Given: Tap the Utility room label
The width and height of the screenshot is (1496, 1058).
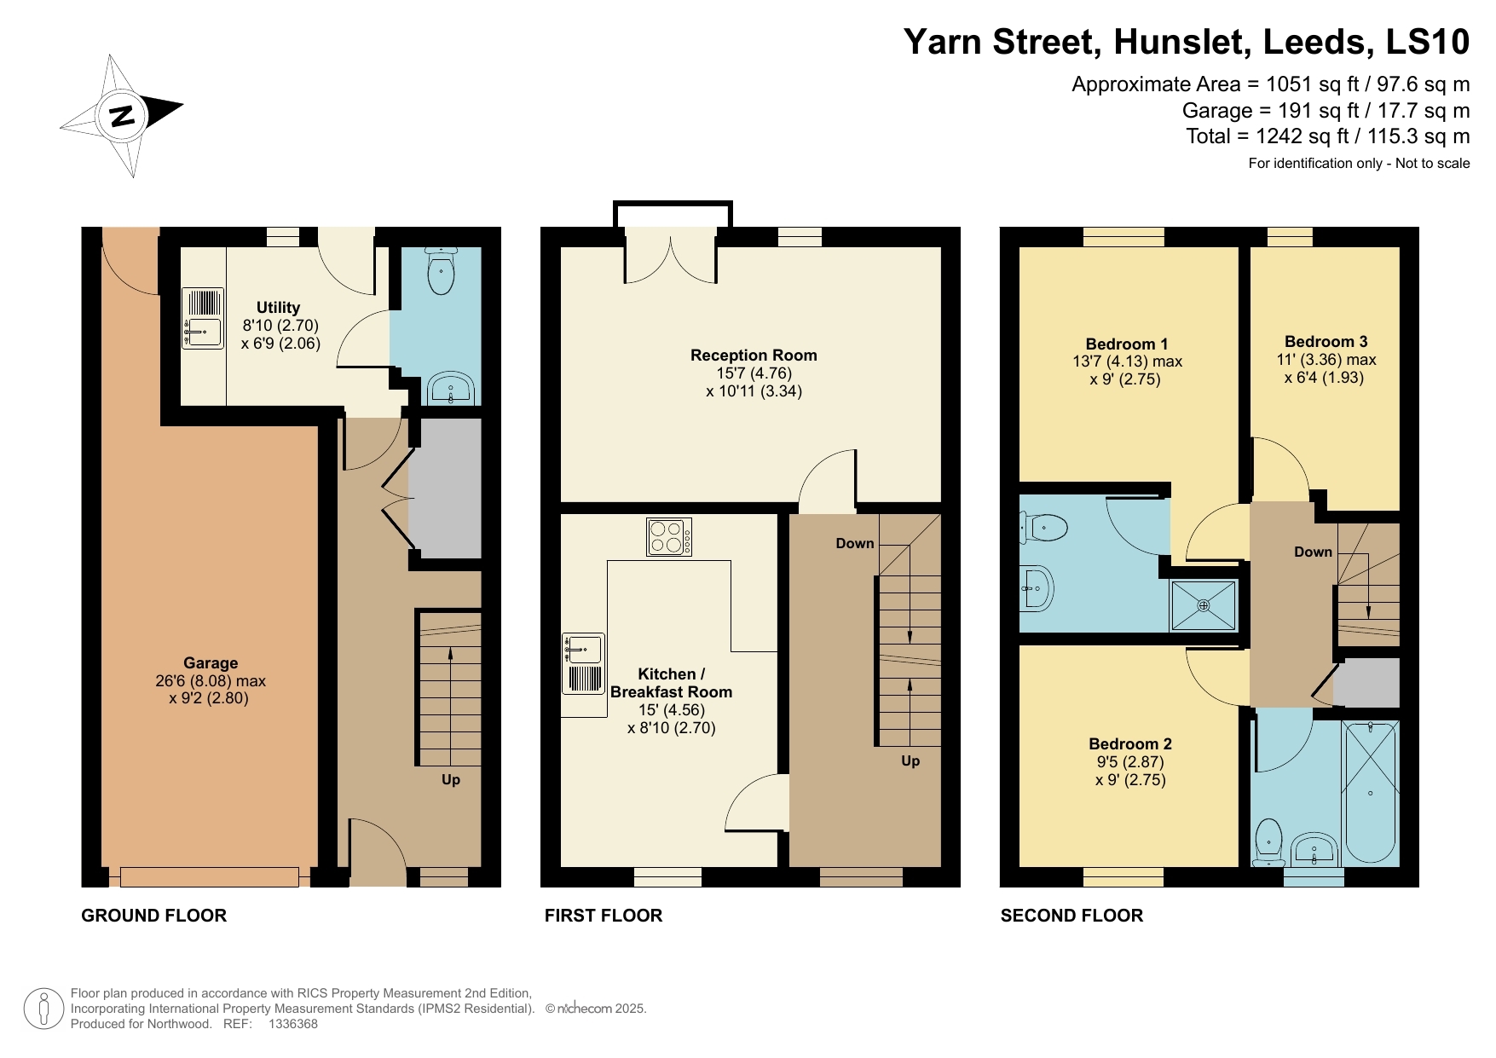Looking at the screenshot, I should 278,308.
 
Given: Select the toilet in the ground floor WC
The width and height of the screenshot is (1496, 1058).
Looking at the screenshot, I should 441,271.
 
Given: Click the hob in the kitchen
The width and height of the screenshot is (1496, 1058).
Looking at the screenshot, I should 668,537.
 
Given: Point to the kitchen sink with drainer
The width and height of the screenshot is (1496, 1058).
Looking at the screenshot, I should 583,662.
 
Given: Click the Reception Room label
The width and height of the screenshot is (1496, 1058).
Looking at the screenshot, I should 753,356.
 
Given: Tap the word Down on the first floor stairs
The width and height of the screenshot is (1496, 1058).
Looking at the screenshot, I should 854,544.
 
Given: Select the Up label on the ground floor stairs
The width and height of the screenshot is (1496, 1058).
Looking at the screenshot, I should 450,779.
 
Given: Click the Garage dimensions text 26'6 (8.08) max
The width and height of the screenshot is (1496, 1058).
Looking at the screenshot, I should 211,681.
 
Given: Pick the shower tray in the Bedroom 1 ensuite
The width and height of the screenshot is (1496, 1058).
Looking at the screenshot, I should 1203,605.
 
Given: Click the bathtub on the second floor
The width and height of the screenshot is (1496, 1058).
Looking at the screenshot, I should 1370,793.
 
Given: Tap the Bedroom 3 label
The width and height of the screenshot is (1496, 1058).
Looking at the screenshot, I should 1326,342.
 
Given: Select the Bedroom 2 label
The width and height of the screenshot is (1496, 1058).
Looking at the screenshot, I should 1129,744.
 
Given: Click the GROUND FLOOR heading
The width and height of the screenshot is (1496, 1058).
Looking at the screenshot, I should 153,916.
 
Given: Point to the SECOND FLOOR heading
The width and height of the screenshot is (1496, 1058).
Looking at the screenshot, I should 1071,916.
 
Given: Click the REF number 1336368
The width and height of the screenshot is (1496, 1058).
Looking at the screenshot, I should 292,1024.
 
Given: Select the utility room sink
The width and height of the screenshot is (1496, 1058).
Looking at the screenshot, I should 203,328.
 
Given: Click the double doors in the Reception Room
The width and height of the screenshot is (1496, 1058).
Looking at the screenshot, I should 671,260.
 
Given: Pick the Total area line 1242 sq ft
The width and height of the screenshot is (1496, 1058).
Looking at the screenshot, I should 1327,136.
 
